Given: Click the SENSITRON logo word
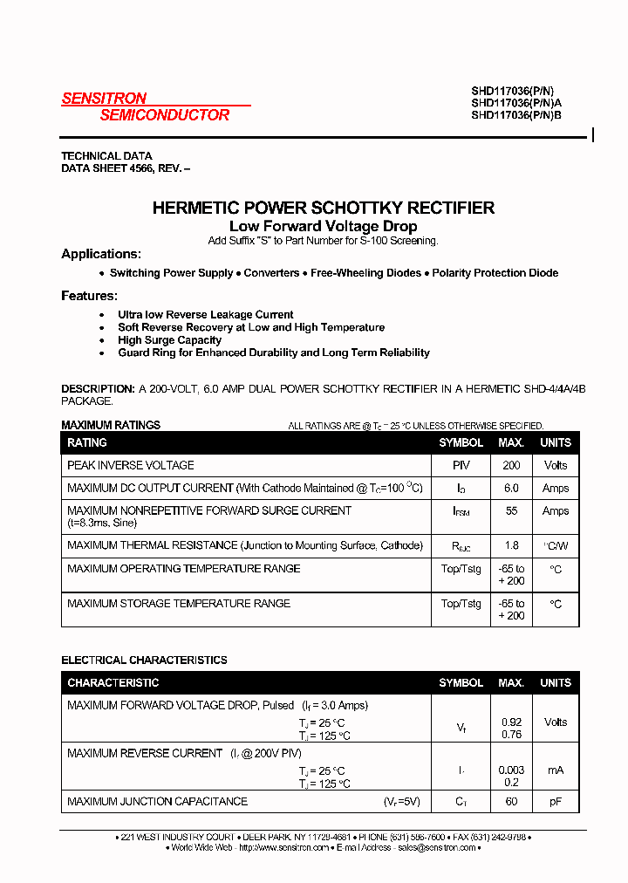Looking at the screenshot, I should tap(104, 99).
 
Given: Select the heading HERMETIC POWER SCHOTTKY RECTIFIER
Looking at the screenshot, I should tap(323, 208).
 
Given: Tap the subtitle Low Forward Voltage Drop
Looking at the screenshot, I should tap(323, 226).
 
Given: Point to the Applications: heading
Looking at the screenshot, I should tap(101, 254).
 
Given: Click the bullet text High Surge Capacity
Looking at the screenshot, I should tap(169, 340).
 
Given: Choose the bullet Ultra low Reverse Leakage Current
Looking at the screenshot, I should tap(206, 315).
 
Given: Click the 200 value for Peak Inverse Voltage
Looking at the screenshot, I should tap(511, 466).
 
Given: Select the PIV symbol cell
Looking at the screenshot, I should tap(461, 466).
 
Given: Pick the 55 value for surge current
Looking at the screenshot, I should tap(511, 510).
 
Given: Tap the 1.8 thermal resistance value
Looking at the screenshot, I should tap(511, 545).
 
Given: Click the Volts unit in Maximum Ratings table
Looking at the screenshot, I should tap(555, 466).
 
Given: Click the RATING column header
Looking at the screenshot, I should tap(87, 442).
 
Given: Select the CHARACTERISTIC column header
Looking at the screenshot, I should tap(113, 682).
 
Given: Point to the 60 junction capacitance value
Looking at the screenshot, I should tap(511, 801).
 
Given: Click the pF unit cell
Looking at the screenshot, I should tap(555, 801).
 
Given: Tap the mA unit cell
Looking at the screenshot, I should tap(555, 770).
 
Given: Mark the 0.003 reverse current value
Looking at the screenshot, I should tap(511, 770).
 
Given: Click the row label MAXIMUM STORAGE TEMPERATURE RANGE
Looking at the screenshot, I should tap(179, 603).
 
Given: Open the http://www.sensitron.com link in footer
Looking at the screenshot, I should tap(283, 847).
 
